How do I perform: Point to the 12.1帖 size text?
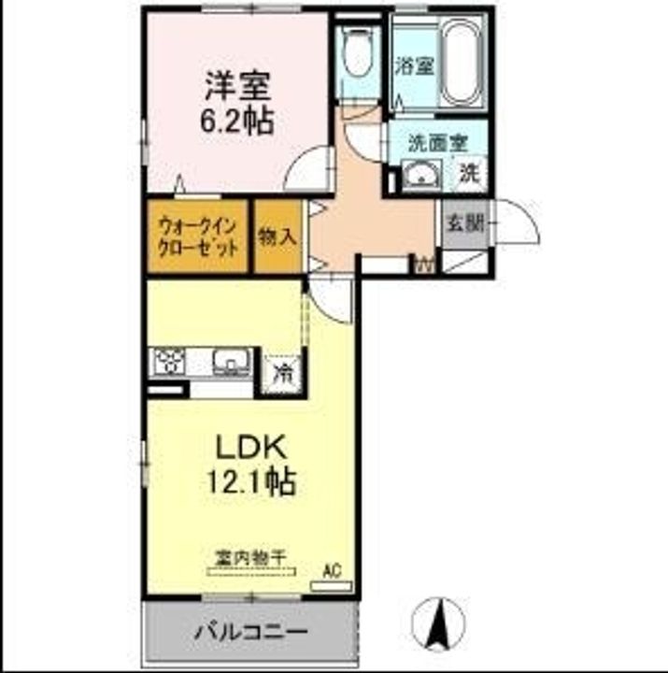point(249,481)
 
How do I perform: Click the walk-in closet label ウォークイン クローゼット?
point(197,236)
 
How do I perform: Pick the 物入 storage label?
point(277,236)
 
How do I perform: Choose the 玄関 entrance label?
point(464,223)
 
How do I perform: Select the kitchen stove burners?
point(169,361)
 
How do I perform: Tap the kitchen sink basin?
point(230,361)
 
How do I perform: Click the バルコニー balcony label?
point(250,632)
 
